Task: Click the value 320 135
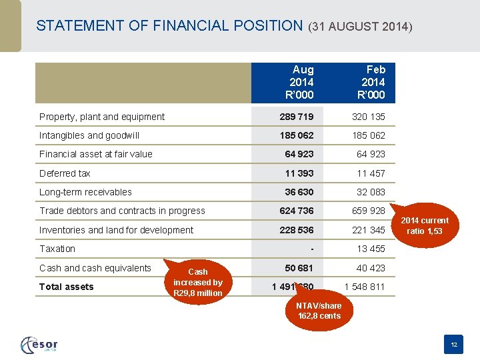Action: (369, 117)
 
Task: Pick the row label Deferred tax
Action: (65, 173)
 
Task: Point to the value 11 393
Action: (299, 173)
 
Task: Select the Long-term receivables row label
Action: (85, 192)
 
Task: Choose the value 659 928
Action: (369, 211)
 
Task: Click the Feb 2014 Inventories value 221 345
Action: (369, 230)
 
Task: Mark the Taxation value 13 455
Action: (371, 249)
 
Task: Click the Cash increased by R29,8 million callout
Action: (197, 282)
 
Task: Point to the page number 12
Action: (453, 345)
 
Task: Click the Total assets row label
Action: (67, 287)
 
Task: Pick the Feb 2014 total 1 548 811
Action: (365, 287)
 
